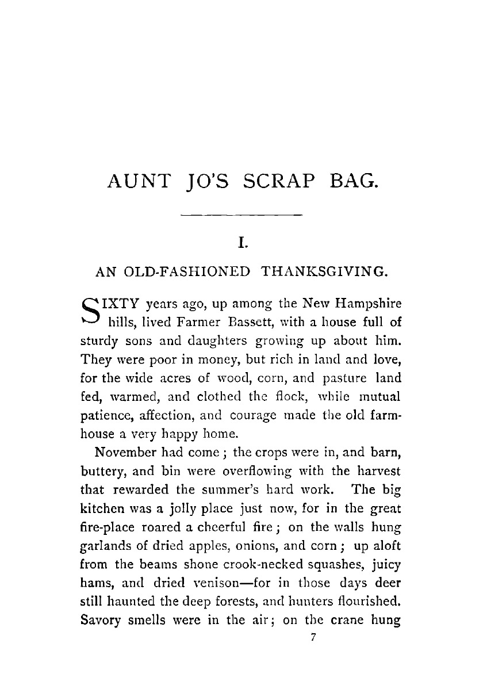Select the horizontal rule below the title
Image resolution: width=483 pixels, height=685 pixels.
tap(241, 216)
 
